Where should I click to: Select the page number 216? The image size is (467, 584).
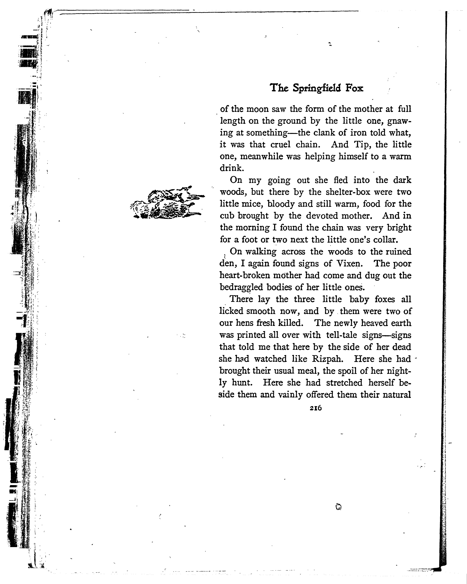(315, 408)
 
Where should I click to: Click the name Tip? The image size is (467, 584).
(362, 145)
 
